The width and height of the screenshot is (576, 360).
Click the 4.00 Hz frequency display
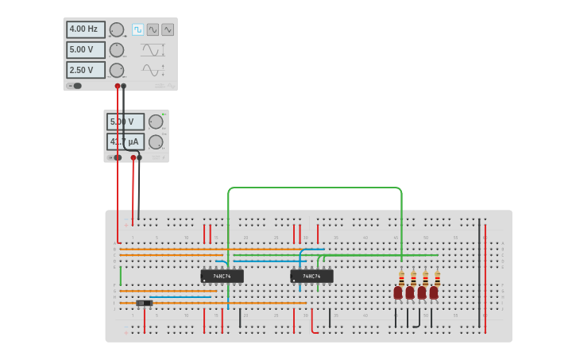(x=85, y=29)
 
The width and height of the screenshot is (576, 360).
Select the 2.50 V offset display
(x=85, y=70)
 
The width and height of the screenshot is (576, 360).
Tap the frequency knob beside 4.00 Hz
(x=117, y=29)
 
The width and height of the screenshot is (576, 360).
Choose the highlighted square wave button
(x=137, y=29)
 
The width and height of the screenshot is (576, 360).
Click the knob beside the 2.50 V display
(x=117, y=70)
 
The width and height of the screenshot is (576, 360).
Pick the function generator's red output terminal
(x=118, y=86)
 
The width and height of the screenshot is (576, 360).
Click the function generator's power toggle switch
(x=75, y=86)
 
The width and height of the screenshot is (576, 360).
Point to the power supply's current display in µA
(x=125, y=141)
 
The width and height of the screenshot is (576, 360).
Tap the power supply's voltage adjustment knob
(x=155, y=122)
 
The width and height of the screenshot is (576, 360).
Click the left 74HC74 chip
(x=222, y=277)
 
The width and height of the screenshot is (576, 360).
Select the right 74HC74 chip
(x=311, y=277)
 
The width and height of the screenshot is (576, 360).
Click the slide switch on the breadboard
(x=144, y=303)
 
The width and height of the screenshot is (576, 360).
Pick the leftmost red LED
(x=398, y=292)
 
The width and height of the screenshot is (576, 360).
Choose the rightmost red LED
(x=434, y=292)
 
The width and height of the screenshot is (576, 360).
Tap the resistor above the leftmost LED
(x=401, y=277)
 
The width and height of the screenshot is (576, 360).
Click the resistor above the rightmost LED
(x=437, y=277)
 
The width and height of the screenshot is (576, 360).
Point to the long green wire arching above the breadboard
(x=315, y=188)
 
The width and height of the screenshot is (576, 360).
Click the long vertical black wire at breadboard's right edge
(x=479, y=270)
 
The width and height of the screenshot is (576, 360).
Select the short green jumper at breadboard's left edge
(x=121, y=276)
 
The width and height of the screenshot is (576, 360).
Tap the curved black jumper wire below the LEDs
(x=418, y=319)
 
